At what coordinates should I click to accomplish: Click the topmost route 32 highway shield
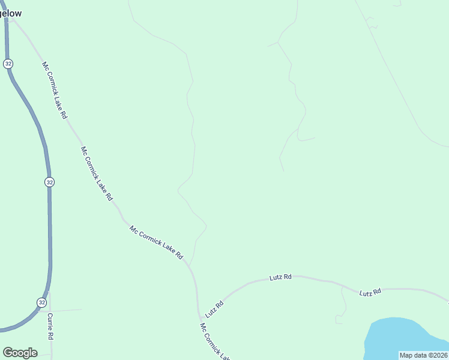point(8,64)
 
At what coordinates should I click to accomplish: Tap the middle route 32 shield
point(49,182)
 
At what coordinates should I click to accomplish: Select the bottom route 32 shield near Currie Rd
point(41,302)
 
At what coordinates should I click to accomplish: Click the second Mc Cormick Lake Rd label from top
point(97,173)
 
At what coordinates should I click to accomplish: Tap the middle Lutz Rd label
point(280,277)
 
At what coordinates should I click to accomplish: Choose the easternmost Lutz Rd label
point(370,293)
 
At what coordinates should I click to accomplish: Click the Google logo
point(20,353)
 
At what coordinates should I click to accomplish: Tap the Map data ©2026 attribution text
point(424,355)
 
